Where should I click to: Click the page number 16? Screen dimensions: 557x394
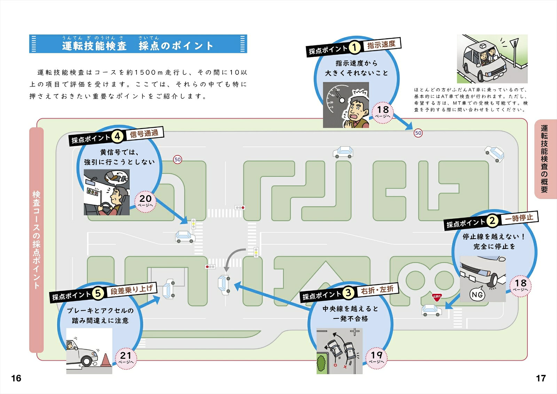[x=16, y=378]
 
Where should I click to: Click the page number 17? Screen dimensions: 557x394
[x=541, y=378]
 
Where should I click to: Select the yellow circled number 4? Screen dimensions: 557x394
[x=117, y=136]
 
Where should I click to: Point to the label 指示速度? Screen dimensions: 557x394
[x=381, y=45]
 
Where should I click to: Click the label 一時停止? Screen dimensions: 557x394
[x=519, y=218]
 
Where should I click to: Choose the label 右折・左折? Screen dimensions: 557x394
[x=377, y=290]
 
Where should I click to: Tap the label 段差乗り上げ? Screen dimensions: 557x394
[x=132, y=289]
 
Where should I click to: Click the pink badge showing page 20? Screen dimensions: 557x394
[x=145, y=201]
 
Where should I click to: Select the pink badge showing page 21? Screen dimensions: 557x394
[x=126, y=358]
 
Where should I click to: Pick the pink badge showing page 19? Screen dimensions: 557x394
[x=376, y=358]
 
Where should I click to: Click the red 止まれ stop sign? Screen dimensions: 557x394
[x=437, y=297]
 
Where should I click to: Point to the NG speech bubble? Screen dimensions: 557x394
[x=477, y=294]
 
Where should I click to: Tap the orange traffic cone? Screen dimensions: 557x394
[x=105, y=360]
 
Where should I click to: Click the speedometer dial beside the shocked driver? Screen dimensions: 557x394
[x=336, y=100]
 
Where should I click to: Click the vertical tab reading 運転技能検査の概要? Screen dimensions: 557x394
[x=544, y=159]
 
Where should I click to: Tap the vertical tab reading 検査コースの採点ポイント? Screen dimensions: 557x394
[x=36, y=240]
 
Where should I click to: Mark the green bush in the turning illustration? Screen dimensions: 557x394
[x=321, y=363]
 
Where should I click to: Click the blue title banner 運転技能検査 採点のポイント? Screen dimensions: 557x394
[x=138, y=44]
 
